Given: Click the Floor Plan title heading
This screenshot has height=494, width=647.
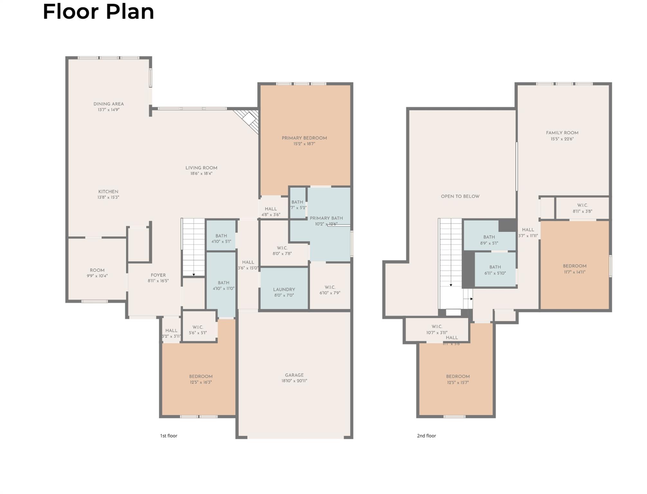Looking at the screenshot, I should [x=98, y=12].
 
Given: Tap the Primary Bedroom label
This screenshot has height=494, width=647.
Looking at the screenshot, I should [x=304, y=138].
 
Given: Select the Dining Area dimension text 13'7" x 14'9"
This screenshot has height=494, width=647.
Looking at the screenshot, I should [x=108, y=110].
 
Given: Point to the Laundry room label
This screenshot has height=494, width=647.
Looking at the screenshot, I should [x=284, y=289].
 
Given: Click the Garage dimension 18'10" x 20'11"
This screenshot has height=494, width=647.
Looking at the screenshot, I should [x=294, y=381].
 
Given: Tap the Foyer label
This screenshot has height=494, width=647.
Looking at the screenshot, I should [x=158, y=275].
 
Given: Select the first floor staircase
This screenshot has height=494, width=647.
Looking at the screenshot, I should [x=193, y=246].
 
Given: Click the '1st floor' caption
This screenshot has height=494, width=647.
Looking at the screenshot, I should [x=169, y=436].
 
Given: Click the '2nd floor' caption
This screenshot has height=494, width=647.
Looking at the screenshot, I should [x=426, y=436].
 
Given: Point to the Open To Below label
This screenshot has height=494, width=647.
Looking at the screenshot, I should [x=460, y=196].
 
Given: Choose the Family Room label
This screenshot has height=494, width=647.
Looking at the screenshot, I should [x=562, y=133].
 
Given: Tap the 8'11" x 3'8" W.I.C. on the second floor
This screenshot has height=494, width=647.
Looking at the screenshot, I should [x=582, y=208].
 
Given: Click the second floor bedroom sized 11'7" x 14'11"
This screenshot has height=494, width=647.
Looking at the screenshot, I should [x=574, y=269].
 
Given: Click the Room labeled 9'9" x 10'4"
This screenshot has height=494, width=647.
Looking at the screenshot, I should [x=97, y=273].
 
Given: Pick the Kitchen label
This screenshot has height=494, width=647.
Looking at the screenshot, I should [x=108, y=192].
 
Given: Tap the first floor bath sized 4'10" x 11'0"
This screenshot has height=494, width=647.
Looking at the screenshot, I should [x=223, y=286].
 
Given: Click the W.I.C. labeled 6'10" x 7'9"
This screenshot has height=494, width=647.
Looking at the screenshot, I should [x=330, y=290].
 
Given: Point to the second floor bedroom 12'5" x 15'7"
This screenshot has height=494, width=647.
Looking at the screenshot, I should [x=458, y=379].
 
